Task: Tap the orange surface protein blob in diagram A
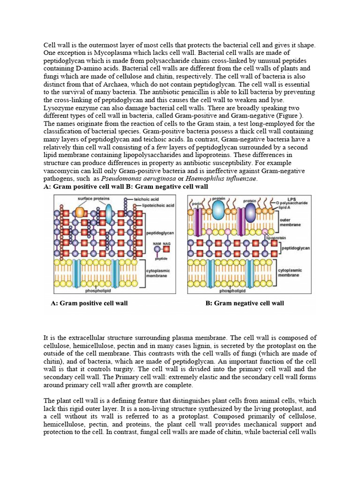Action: click(80, 212)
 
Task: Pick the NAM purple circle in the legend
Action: click(157, 250)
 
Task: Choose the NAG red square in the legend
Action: click(166, 250)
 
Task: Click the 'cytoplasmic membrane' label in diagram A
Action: click(158, 273)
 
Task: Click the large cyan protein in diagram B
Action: click(219, 211)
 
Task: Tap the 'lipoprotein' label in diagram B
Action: click(276, 238)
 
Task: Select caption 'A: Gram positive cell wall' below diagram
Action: click(89, 303)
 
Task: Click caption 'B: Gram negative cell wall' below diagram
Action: click(245, 303)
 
